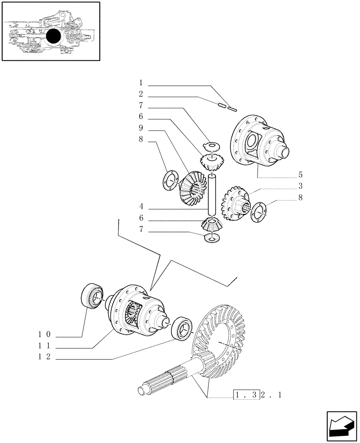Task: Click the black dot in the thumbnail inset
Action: [53, 36]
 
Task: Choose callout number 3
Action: [300, 186]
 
